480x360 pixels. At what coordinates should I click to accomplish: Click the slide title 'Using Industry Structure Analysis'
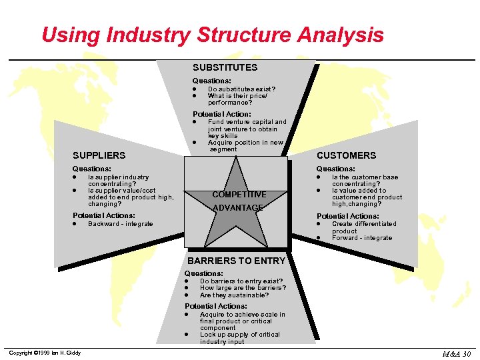[x=213, y=34]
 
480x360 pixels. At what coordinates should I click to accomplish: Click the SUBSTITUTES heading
[x=225, y=67]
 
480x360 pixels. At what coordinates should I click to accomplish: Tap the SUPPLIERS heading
[x=99, y=155]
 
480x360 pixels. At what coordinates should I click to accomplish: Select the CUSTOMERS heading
[x=346, y=155]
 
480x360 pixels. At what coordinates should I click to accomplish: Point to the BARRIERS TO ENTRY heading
[x=236, y=261]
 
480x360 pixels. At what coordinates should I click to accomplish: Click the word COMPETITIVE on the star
[x=239, y=195]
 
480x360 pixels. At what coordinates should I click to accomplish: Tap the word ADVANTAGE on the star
[x=239, y=208]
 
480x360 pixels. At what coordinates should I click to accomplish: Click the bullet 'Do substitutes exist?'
[x=241, y=89]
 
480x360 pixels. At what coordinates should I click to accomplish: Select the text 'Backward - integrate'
[x=121, y=224]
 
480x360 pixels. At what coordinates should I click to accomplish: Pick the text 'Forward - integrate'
[x=362, y=238]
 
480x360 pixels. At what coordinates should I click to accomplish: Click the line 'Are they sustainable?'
[x=235, y=295]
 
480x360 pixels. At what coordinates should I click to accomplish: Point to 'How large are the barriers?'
[x=243, y=288]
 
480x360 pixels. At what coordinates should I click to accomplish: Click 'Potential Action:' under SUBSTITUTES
[x=221, y=114]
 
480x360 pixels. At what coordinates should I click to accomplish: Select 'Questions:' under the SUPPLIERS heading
[x=91, y=169]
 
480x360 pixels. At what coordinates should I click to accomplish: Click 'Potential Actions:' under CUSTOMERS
[x=347, y=216]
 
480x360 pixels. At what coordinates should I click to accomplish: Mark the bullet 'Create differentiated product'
[x=363, y=227]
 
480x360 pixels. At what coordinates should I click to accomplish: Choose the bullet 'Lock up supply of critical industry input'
[x=239, y=338]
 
